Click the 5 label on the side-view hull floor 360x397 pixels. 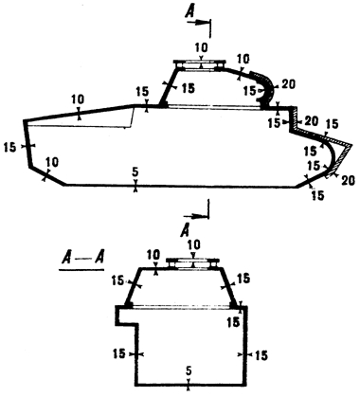[135, 172]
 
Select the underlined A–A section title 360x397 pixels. [81, 261]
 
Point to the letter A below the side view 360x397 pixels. [185, 231]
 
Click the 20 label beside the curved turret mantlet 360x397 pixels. [287, 84]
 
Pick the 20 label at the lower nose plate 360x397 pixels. [348, 181]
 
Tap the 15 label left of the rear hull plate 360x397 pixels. [10, 147]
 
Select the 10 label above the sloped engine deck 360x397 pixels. [78, 99]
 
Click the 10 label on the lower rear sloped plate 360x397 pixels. [52, 163]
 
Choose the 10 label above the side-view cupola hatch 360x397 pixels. [201, 47]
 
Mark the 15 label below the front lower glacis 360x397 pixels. [317, 195]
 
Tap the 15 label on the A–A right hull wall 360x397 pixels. [260, 355]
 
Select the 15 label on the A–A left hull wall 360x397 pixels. [120, 353]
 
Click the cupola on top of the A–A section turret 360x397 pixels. [193, 263]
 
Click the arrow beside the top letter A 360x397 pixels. [198, 22]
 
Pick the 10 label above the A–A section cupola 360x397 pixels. [193, 244]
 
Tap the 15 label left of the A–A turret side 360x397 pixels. [118, 280]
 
